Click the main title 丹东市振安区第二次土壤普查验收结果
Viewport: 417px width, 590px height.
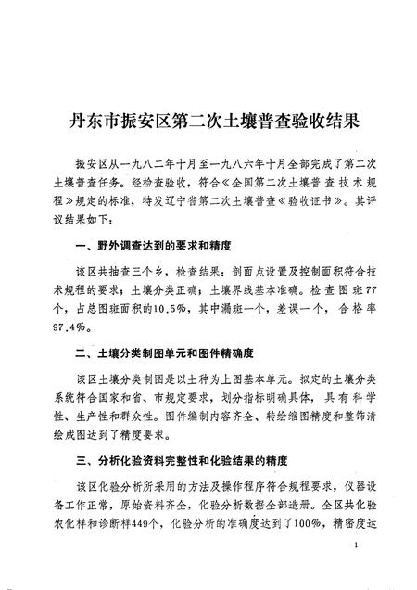coord(208,121)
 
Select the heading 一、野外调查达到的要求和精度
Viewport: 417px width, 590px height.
coord(150,248)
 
